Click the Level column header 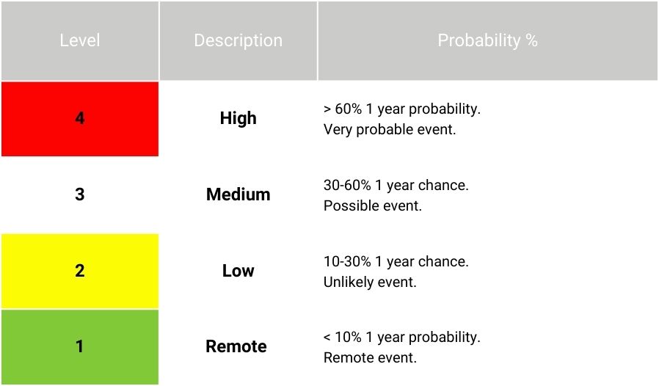80,40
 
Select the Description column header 239,40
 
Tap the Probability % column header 487,40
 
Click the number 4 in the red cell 80,118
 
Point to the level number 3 80,194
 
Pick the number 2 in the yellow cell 80,270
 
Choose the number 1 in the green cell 79,346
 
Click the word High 239,118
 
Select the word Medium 239,194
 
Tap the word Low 239,270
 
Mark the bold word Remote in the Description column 236,346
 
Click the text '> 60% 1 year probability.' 402,109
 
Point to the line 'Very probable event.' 390,129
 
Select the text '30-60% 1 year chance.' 396,185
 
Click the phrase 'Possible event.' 372,205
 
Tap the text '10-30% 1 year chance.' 396,261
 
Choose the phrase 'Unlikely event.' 370,282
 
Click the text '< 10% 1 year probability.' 402,338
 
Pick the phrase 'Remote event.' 370,358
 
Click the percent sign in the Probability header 531,40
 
